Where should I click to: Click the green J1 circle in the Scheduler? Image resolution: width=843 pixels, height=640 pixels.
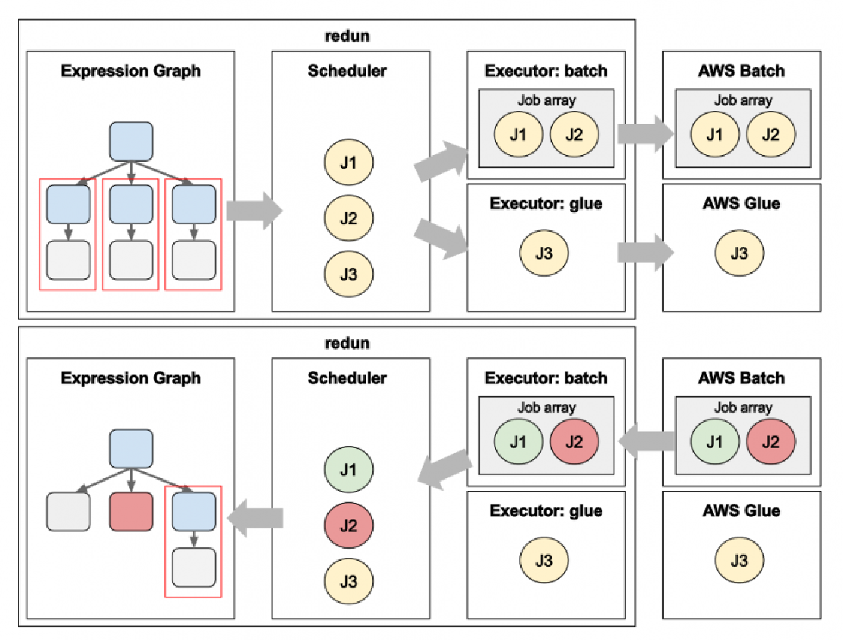349,470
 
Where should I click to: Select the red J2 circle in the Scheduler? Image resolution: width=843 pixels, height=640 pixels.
349,525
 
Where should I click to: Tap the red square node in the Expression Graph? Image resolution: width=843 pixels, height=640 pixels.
131,512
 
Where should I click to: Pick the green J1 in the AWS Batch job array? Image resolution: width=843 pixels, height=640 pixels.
715,442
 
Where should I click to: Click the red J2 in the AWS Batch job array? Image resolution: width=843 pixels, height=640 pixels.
770,442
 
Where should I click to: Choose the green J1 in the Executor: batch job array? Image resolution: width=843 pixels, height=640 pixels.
518,442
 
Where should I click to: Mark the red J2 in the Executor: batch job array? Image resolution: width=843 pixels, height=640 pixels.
574,442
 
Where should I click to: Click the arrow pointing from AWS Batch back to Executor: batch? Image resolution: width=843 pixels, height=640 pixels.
647,442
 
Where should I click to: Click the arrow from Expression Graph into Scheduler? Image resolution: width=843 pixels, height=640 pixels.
254,210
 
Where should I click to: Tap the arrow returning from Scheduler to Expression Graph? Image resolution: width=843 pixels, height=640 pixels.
255,518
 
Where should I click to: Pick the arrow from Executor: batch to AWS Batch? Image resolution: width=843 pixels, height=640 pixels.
646,134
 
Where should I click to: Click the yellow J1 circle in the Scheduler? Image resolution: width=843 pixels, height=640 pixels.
349,162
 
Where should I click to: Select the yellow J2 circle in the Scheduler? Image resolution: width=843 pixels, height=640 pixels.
349,218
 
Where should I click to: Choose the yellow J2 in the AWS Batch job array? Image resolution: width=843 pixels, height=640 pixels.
770,135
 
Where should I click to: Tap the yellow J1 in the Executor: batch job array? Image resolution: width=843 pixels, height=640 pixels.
518,135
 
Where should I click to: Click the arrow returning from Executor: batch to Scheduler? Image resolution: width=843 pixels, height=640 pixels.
444,469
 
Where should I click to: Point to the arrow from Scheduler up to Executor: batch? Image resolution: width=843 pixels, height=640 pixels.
441,160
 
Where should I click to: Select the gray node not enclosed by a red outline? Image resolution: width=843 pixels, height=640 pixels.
68,512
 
